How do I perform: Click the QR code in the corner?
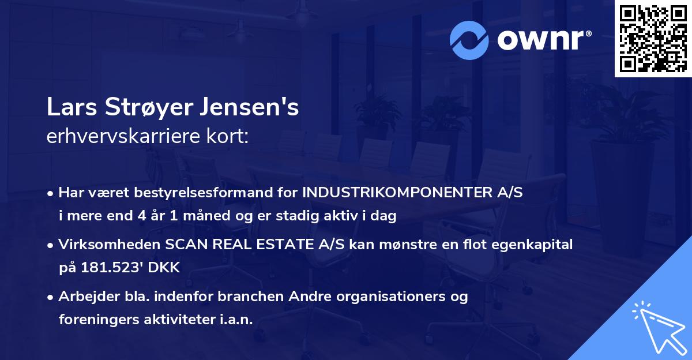click(653, 38)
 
